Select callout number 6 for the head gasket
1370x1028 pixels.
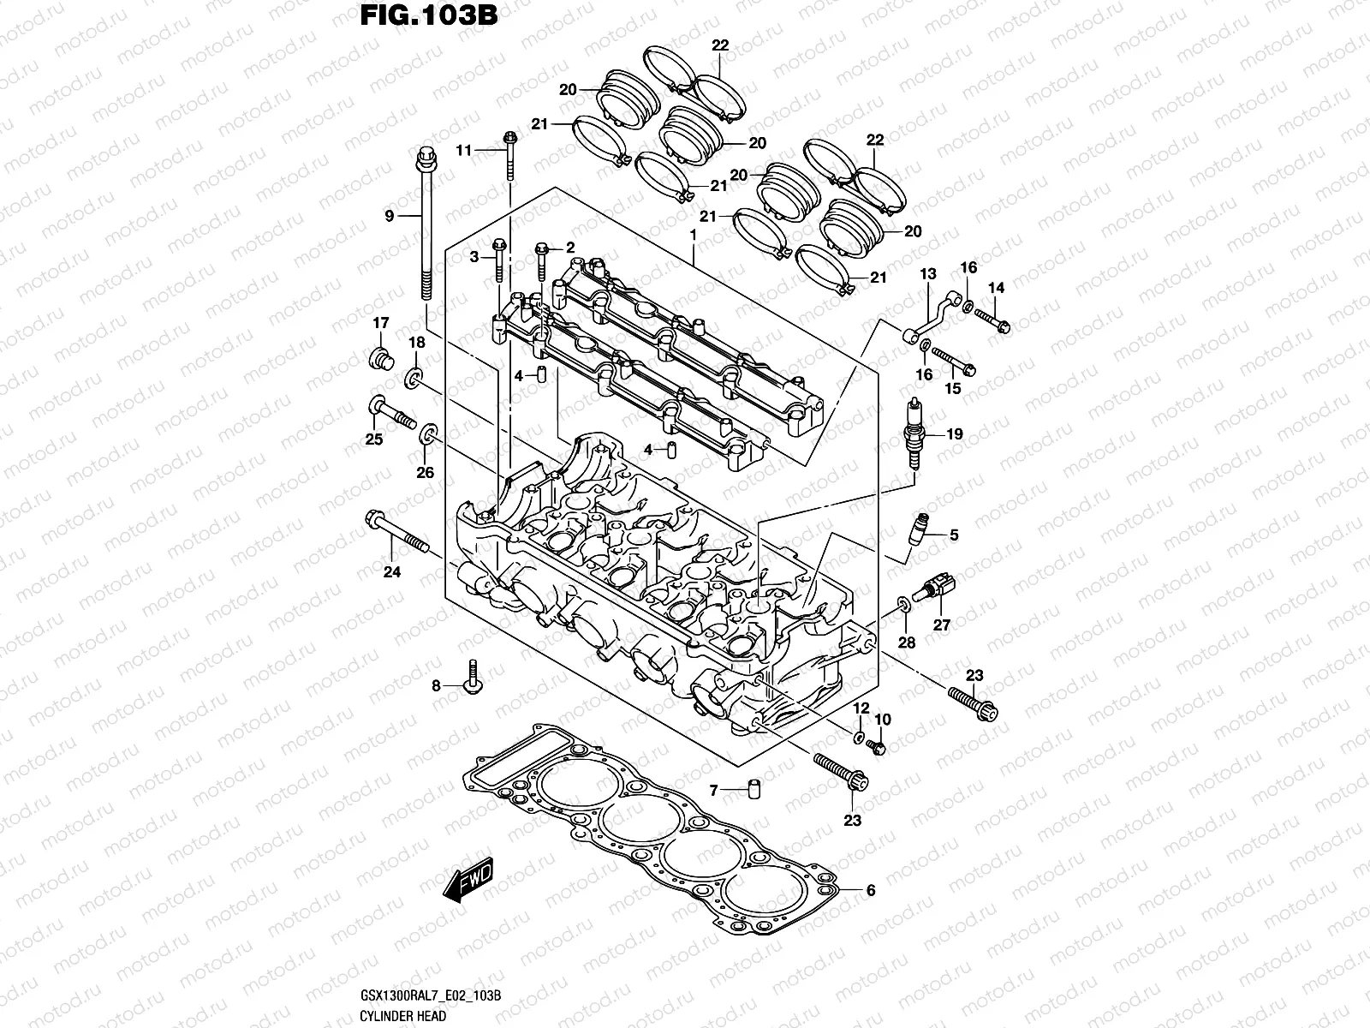point(871,890)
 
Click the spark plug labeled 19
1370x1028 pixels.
point(915,434)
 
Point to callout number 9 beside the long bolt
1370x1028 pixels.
point(389,216)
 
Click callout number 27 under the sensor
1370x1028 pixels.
point(942,625)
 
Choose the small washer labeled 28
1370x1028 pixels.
point(904,607)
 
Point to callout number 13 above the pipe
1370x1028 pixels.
point(928,274)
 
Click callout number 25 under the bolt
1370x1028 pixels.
point(374,439)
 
